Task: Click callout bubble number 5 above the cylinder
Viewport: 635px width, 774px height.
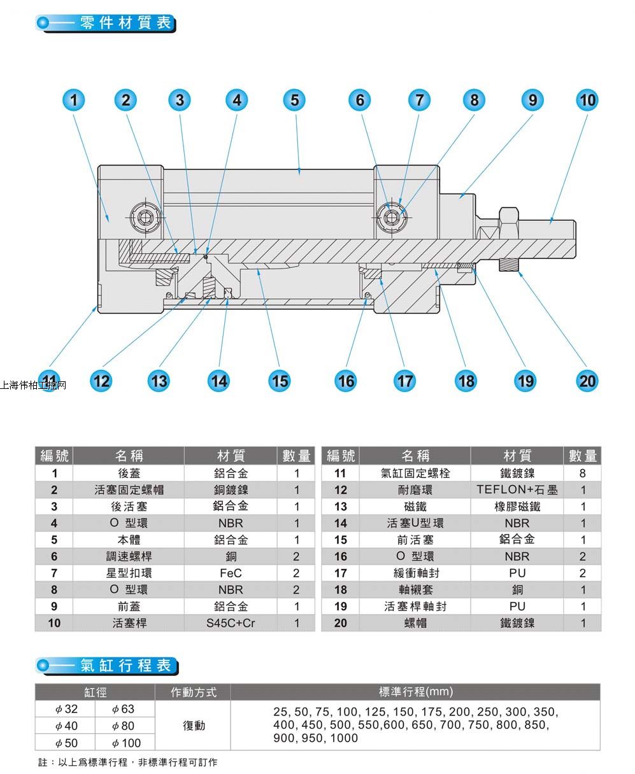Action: click(x=294, y=100)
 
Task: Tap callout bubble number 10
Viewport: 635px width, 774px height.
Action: click(x=587, y=100)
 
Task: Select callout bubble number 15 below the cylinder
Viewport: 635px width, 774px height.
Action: click(x=280, y=381)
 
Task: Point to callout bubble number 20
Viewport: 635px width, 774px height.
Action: click(x=587, y=381)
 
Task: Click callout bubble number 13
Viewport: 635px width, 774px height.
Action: click(x=159, y=381)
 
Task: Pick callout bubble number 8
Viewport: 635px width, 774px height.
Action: click(x=474, y=100)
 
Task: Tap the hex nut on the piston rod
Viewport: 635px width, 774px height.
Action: click(x=510, y=222)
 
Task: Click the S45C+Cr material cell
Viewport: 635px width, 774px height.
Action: click(x=231, y=623)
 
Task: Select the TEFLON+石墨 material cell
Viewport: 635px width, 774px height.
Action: click(x=517, y=490)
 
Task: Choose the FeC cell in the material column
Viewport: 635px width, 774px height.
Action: click(x=231, y=573)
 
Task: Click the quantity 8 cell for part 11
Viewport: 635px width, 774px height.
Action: click(x=583, y=474)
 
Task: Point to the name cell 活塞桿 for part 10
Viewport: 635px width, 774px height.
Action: click(x=129, y=623)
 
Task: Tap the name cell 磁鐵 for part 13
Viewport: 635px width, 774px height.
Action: click(x=415, y=507)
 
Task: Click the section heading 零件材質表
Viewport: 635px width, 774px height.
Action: click(x=126, y=23)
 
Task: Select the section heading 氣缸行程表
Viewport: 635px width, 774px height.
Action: click(x=126, y=666)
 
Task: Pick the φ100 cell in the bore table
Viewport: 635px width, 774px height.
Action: click(x=125, y=743)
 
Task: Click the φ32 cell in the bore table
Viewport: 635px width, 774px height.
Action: click(x=66, y=709)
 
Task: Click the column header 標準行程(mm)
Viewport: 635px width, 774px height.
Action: click(x=415, y=692)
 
